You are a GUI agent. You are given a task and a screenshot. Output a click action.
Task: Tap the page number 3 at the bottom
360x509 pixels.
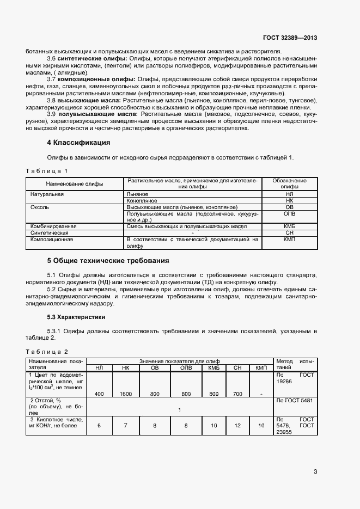tap(315, 471)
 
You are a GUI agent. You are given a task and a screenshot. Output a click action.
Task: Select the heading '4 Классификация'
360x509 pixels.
tap(78, 143)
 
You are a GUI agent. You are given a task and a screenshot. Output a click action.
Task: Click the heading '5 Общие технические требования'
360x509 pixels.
tap(108, 260)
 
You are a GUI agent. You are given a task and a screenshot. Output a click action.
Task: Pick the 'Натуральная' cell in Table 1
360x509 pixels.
tap(47, 194)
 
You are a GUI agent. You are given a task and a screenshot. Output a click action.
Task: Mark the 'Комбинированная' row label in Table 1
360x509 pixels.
tap(53, 225)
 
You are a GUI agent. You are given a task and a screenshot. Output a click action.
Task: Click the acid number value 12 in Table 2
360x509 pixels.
tap(237, 426)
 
